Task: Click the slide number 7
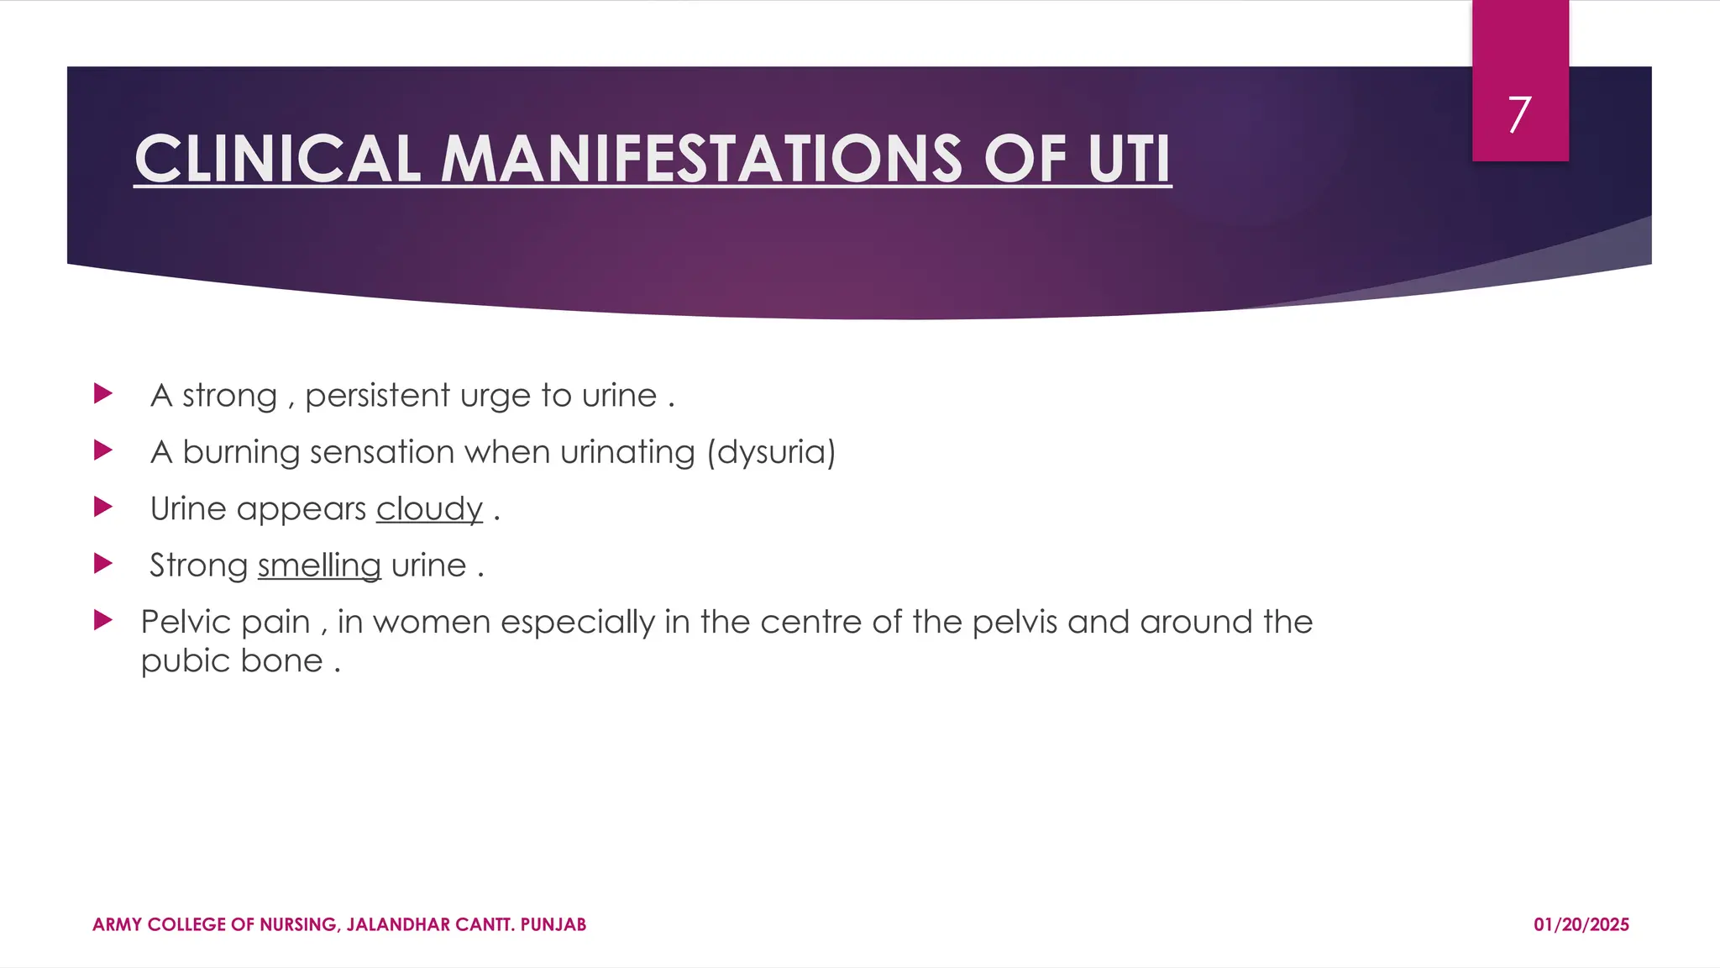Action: tap(1519, 114)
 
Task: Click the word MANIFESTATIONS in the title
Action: tap(700, 159)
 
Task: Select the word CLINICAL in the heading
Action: tap(277, 159)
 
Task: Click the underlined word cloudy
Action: tap(429, 509)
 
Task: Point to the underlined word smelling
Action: tap(319, 566)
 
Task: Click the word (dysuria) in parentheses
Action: tap(771, 452)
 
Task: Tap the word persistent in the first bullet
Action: tap(377, 396)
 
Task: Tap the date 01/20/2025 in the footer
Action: tap(1581, 925)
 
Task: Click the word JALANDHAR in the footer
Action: tap(398, 925)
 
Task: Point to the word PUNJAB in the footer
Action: tap(553, 925)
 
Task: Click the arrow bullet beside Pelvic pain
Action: tap(103, 621)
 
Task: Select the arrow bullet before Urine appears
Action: tap(103, 507)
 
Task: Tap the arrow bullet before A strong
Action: tap(103, 393)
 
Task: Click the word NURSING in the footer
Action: tap(299, 925)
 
